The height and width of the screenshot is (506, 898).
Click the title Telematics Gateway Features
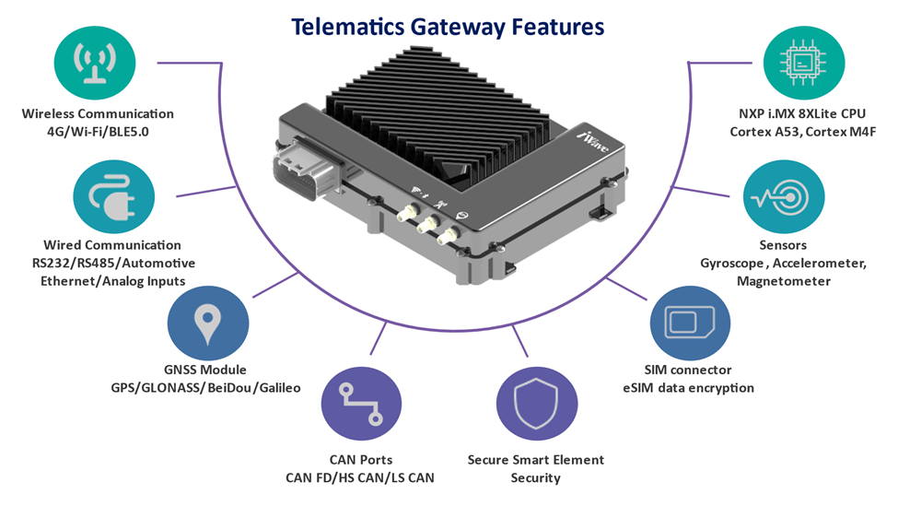point(449,26)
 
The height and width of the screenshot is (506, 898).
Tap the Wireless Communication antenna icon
point(98,61)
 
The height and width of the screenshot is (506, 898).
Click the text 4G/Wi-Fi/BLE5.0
point(98,132)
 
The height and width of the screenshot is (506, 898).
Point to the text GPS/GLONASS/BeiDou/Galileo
point(205,387)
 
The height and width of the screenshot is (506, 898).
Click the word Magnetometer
point(783,281)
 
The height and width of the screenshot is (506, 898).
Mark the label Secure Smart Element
point(535,460)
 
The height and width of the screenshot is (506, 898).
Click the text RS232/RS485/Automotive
point(112,264)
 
